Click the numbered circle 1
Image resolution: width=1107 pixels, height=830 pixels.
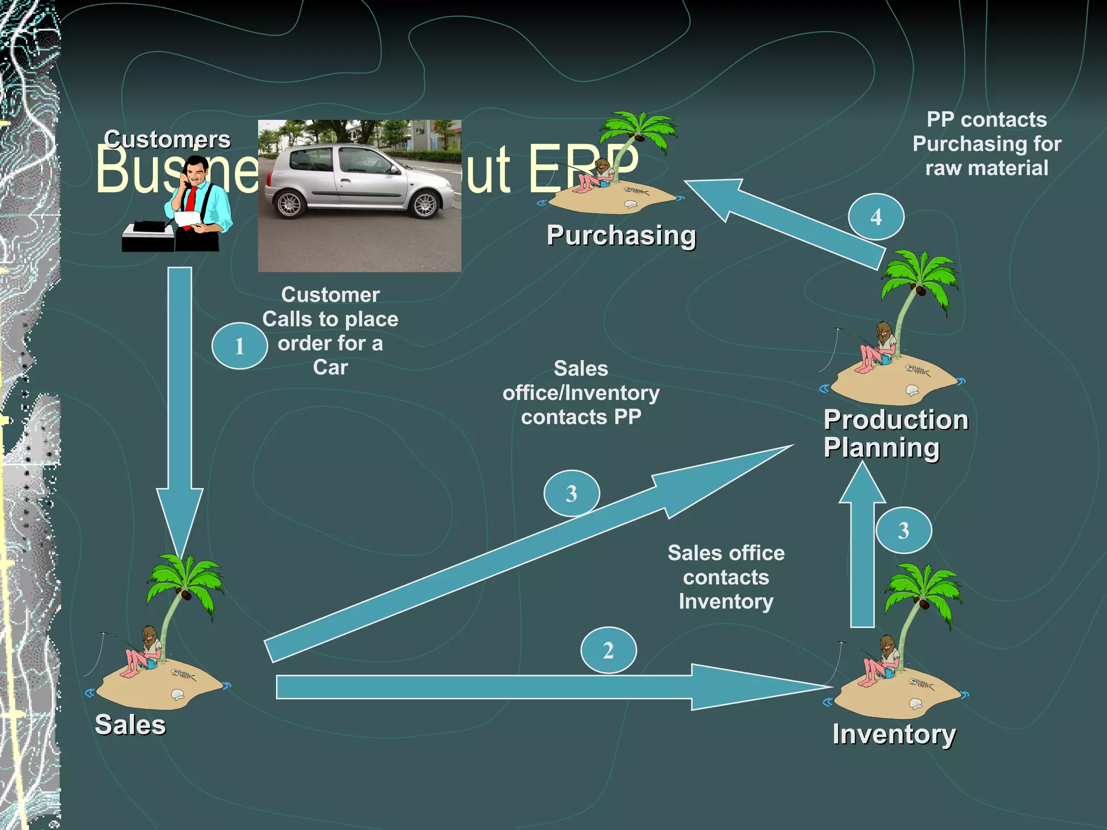click(239, 346)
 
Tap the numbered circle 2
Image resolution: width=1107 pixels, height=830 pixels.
click(608, 650)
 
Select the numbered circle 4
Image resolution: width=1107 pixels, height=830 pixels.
click(876, 217)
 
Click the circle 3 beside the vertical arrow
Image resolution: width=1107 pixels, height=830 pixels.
click(903, 530)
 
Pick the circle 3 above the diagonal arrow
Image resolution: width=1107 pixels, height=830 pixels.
click(571, 493)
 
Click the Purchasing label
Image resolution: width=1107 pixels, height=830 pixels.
click(621, 236)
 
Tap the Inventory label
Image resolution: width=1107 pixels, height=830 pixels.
click(894, 734)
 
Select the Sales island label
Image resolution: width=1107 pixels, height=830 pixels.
click(130, 725)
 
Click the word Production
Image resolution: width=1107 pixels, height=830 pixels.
click(896, 420)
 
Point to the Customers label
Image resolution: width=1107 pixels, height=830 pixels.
click(167, 139)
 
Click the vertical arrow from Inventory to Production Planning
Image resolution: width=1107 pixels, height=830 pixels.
click(862, 557)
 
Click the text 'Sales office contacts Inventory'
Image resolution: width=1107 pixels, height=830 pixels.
click(725, 577)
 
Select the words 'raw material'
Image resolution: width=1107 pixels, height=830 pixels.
click(986, 168)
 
